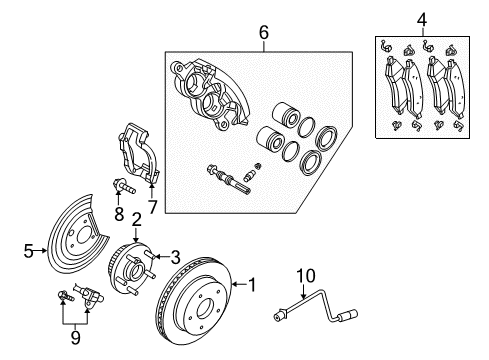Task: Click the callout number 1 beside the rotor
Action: pyautogui.click(x=251, y=285)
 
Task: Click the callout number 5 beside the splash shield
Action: pyautogui.click(x=29, y=250)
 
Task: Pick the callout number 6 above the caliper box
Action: pyautogui.click(x=263, y=33)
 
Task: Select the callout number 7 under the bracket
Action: pyautogui.click(x=153, y=206)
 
